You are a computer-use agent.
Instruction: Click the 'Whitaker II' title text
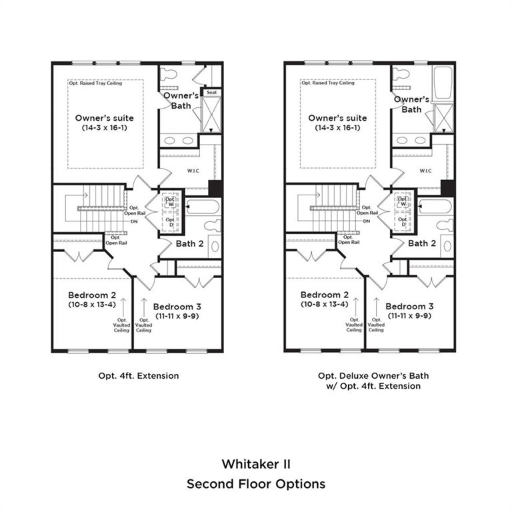pyautogui.click(x=256, y=464)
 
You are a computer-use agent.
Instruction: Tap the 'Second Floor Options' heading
pyautogui.click(x=256, y=484)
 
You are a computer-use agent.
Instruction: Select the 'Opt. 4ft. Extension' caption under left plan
pyautogui.click(x=139, y=375)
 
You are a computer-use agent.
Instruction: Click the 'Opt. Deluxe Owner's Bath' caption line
pyautogui.click(x=373, y=375)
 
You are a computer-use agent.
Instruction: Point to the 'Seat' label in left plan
pyautogui.click(x=211, y=93)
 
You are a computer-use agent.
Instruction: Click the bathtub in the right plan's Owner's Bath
pyautogui.click(x=443, y=83)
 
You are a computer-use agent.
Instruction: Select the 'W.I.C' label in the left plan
pyautogui.click(x=193, y=171)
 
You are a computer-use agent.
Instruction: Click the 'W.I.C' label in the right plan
pyautogui.click(x=425, y=171)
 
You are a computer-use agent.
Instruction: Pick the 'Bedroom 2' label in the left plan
pyautogui.click(x=92, y=295)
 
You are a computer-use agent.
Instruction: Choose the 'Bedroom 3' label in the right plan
pyautogui.click(x=409, y=306)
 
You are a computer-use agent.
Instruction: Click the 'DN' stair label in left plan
pyautogui.click(x=134, y=221)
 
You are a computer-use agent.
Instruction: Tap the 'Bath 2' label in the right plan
pyautogui.click(x=422, y=243)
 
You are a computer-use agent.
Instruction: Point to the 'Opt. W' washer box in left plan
pyautogui.click(x=170, y=202)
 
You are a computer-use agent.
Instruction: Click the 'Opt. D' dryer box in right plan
pyautogui.click(x=403, y=222)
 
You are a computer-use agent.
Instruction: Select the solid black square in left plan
pyautogui.click(x=215, y=189)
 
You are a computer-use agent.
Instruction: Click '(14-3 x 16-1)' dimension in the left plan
pyautogui.click(x=105, y=128)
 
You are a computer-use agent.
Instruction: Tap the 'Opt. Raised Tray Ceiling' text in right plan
pyautogui.click(x=328, y=83)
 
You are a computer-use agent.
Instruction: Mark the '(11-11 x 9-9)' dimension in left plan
pyautogui.click(x=177, y=316)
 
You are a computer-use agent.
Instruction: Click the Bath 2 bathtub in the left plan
pyautogui.click(x=203, y=207)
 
